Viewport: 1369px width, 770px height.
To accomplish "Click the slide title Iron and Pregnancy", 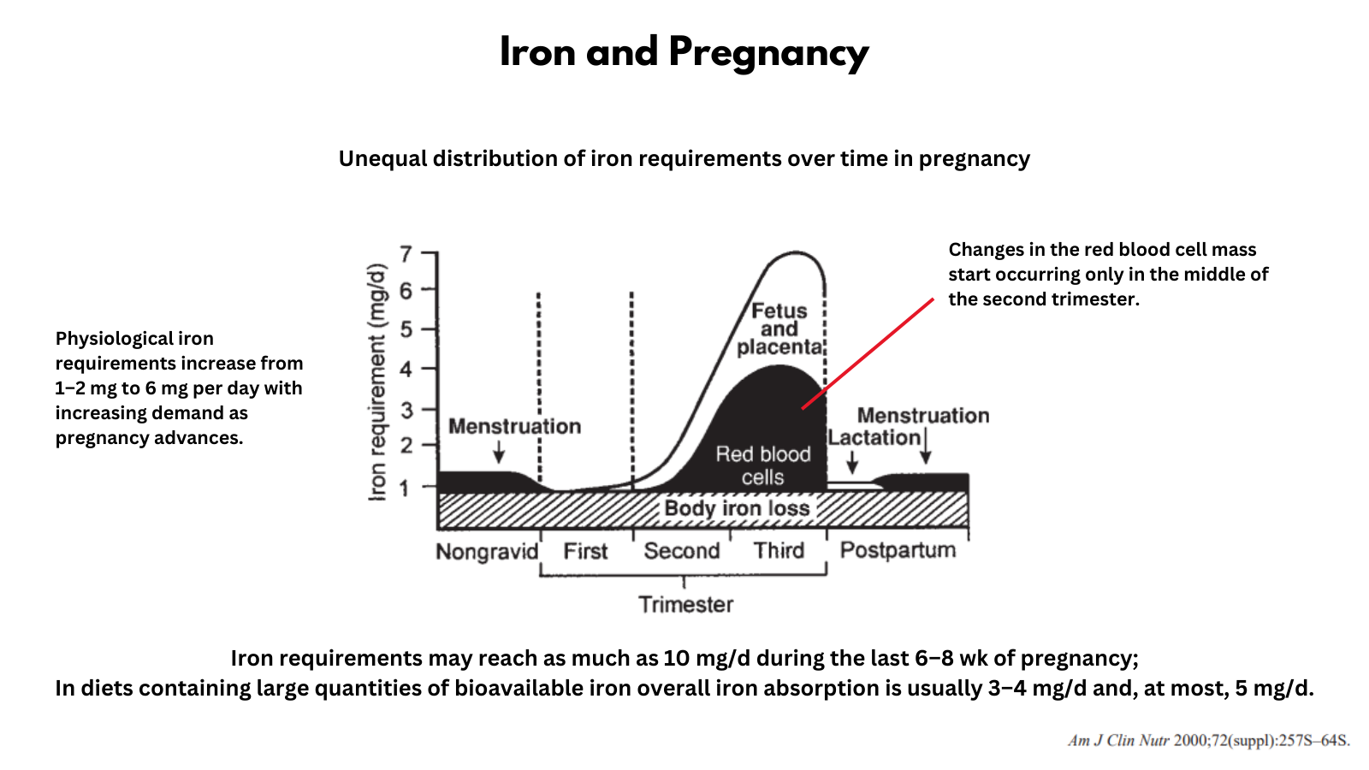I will click(x=684, y=52).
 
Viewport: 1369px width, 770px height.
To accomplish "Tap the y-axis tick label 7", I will click(x=406, y=254).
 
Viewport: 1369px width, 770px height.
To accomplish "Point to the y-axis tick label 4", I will click(x=406, y=370).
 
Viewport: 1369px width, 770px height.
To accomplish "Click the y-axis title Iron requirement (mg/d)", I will click(x=377, y=382).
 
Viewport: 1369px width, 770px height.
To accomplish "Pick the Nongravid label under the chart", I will click(x=487, y=552).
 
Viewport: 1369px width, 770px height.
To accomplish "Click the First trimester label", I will click(x=585, y=552).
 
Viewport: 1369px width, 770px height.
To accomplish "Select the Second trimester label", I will click(x=681, y=551).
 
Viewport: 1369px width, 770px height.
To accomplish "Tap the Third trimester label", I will click(x=779, y=550).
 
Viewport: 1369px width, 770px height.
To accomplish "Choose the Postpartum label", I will click(x=898, y=550).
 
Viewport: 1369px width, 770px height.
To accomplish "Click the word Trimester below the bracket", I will click(x=685, y=605).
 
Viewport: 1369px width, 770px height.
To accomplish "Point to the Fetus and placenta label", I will click(x=779, y=329).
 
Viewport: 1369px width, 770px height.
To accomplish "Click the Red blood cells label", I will click(x=762, y=465).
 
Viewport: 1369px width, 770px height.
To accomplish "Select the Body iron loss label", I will click(x=737, y=508).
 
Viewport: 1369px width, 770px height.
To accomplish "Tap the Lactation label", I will click(x=874, y=437).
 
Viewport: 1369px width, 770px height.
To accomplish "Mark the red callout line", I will click(x=868, y=353).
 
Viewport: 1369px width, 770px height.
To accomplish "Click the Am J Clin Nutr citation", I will click(x=1208, y=740).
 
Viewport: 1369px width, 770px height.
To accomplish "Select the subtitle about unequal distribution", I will click(x=684, y=159).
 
